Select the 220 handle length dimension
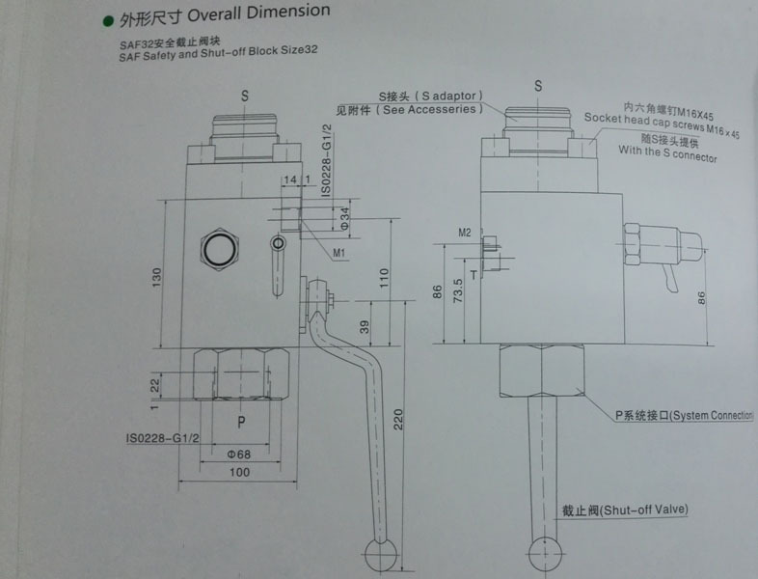[397, 418]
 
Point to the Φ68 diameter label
[239, 455]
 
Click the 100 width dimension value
[240, 472]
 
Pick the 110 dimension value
[383, 276]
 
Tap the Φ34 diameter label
[344, 218]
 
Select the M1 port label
[339, 252]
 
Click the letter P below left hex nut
[242, 422]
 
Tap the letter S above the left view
[245, 96]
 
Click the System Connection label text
[683, 415]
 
